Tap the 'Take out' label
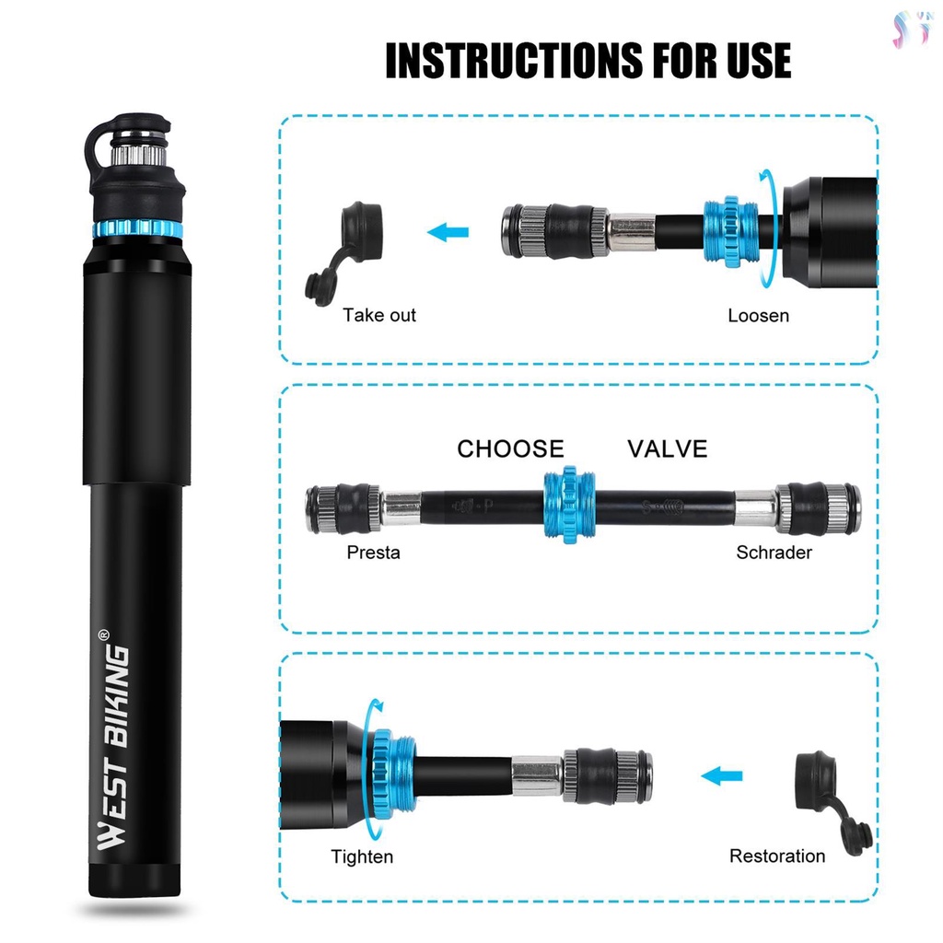[378, 315]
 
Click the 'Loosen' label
[758, 315]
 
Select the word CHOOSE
[510, 448]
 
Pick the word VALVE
[667, 448]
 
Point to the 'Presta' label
[373, 553]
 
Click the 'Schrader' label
[774, 553]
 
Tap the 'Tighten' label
[362, 856]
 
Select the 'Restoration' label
[777, 856]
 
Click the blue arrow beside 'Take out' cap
[448, 231]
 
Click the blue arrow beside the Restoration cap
[722, 775]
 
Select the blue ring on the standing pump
[137, 229]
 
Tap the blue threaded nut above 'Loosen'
[731, 231]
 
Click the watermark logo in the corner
[913, 29]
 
